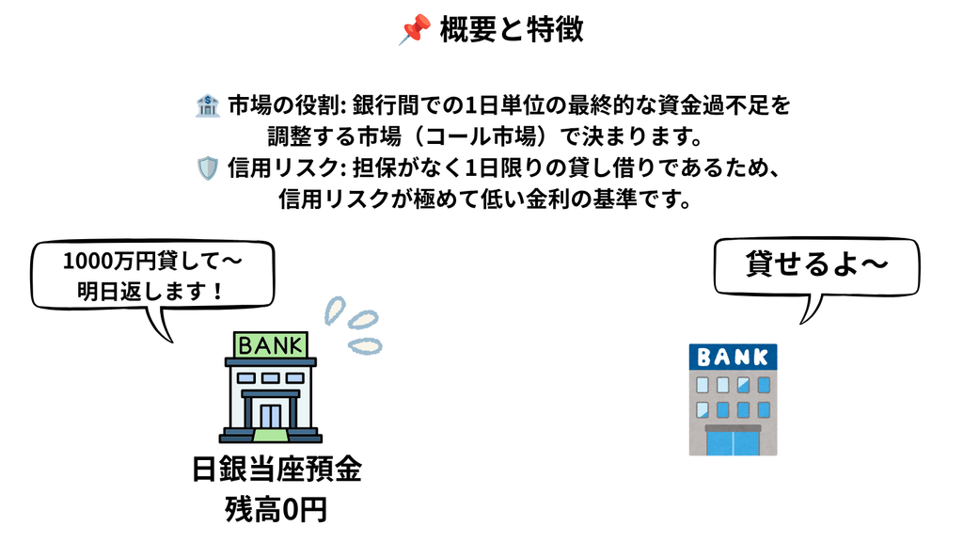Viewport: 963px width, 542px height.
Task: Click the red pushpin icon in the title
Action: (x=414, y=29)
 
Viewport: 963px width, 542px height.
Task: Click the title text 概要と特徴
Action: (x=512, y=29)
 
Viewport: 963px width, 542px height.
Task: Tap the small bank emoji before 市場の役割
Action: (x=208, y=105)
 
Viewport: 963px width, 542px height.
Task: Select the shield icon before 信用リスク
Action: (x=208, y=167)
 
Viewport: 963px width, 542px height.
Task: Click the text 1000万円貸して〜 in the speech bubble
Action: (x=152, y=262)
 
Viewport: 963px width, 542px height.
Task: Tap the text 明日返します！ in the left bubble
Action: (x=150, y=291)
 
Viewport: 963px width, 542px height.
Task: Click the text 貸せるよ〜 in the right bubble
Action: (x=817, y=264)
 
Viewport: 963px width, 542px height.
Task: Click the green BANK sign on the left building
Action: (x=270, y=344)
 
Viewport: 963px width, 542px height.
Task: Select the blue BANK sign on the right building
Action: (x=733, y=357)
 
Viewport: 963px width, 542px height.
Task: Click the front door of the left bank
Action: (x=270, y=416)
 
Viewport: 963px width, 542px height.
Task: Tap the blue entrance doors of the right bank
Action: (x=733, y=442)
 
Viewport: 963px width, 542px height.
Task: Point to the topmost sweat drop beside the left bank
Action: (x=335, y=310)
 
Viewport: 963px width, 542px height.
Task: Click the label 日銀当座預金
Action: (x=276, y=470)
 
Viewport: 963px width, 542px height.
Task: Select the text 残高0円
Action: (x=276, y=509)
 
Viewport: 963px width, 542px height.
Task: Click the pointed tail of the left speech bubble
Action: (x=171, y=341)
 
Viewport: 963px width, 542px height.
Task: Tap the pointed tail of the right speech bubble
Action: (x=802, y=322)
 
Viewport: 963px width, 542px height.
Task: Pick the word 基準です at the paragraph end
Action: (x=648, y=199)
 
